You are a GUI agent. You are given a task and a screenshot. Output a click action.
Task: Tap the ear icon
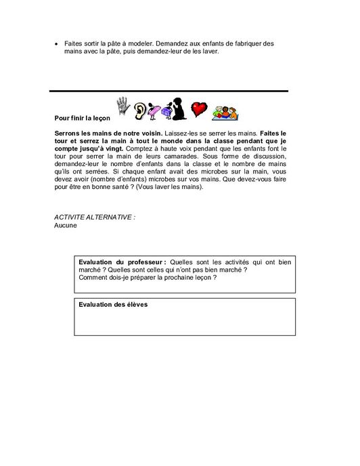(139, 109)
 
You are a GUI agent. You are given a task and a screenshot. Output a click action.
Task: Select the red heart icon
(199, 108)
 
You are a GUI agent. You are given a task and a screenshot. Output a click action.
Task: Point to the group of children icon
(223, 109)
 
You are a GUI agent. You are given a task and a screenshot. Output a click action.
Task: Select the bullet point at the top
(57, 44)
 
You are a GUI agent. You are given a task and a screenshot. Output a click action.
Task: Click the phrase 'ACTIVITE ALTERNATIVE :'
(85, 217)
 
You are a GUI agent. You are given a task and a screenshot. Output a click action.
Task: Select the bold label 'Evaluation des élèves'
(113, 304)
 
